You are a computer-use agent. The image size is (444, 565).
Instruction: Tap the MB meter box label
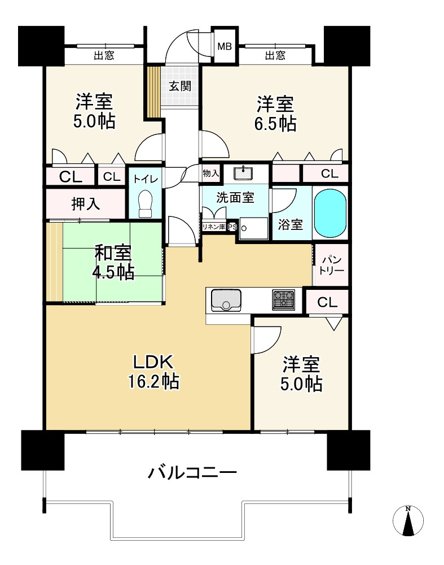(x=224, y=46)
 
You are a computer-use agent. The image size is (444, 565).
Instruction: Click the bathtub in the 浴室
(x=331, y=213)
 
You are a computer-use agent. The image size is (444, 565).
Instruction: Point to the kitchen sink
(x=226, y=299)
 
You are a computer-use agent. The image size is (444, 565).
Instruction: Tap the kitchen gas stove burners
(x=284, y=299)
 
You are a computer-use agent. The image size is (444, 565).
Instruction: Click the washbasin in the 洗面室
(x=246, y=172)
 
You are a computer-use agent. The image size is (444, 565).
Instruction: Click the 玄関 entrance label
(x=180, y=86)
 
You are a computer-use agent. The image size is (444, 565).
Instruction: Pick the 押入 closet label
(x=85, y=203)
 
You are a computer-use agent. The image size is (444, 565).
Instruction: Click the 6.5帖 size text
(x=275, y=123)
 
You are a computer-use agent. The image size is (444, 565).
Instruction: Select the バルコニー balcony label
(x=192, y=472)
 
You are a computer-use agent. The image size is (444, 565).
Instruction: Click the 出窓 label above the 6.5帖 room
(x=275, y=55)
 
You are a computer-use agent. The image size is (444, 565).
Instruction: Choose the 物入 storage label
(x=210, y=173)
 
